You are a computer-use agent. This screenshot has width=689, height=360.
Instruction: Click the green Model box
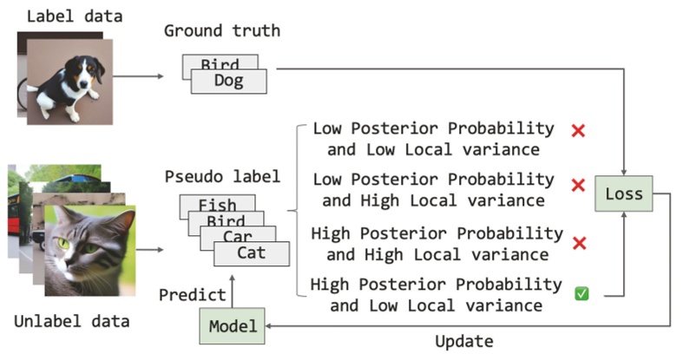[x=232, y=326]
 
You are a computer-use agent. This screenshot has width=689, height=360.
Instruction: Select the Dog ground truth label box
[x=228, y=82]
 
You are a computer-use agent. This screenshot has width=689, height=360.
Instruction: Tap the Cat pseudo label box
[x=251, y=253]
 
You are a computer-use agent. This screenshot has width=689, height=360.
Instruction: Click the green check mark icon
[x=581, y=295]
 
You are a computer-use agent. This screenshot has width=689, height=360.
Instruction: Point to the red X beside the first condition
[x=578, y=131]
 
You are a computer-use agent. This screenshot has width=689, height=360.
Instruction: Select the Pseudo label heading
[x=222, y=177]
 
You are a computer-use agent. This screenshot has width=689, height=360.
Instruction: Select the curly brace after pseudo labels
[x=295, y=214]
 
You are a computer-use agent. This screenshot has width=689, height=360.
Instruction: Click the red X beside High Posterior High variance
[x=579, y=242]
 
